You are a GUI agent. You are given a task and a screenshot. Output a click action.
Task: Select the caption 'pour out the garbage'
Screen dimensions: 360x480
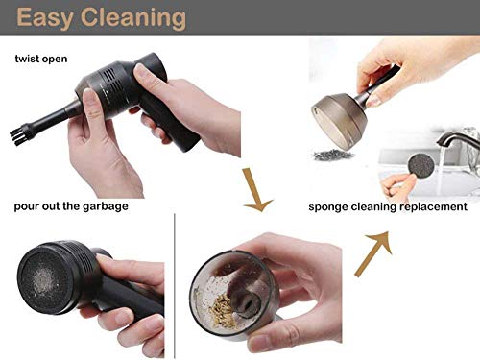[x=71, y=206]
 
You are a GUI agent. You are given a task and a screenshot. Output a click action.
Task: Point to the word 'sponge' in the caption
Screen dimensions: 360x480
[x=331, y=206]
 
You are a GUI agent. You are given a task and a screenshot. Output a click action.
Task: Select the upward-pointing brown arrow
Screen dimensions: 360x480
[x=375, y=246]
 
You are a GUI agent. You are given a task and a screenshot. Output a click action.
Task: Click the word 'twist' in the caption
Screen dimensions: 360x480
[x=27, y=60]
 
